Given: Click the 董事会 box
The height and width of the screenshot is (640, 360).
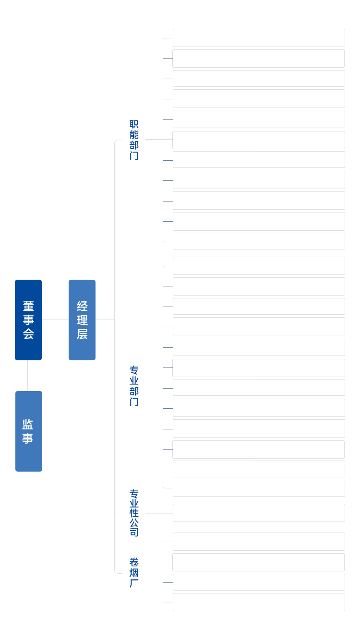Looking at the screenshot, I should tap(28, 320).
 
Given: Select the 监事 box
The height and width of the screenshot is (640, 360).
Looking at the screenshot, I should tap(28, 431).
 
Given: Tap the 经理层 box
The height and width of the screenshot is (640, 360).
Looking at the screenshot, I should tap(82, 320).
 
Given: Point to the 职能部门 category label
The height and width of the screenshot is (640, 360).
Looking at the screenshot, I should tap(134, 140).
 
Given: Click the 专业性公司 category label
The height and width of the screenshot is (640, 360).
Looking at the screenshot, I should tap(134, 513).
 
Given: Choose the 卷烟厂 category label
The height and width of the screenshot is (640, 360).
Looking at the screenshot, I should tap(134, 573).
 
